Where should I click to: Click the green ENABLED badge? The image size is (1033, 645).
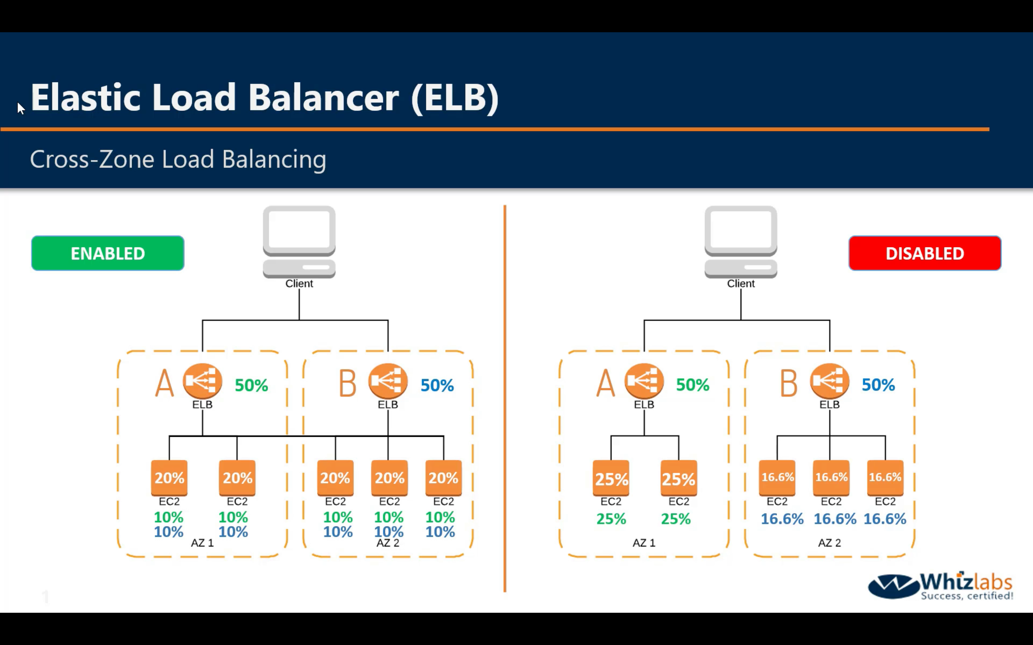coord(108,253)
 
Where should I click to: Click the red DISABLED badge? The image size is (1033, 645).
coord(925,253)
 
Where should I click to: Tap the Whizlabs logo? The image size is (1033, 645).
coord(940,586)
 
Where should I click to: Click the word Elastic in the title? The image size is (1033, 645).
coord(85,98)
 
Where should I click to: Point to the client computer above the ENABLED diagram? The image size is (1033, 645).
coord(299,242)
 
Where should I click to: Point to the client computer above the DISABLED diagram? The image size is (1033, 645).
coord(741,242)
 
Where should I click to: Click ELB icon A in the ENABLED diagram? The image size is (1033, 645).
coord(202,381)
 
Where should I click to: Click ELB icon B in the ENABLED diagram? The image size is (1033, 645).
coord(388,381)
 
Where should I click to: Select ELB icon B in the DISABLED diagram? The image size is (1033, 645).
coord(830,381)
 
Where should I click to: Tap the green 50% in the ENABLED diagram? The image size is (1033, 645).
coord(251,385)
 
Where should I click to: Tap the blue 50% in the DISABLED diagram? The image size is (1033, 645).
coord(878,385)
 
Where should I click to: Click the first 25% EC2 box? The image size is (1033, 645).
coord(611,478)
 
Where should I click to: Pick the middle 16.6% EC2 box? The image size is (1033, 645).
coord(831,477)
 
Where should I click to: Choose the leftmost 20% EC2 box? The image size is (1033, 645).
coord(169,478)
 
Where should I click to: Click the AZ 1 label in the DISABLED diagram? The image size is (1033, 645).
coord(644,542)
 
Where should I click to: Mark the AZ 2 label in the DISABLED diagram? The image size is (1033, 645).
coord(830,542)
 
